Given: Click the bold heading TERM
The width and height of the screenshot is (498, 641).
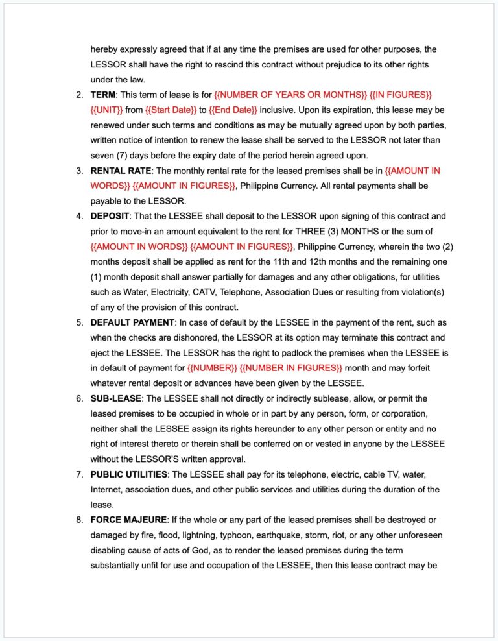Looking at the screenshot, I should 102,95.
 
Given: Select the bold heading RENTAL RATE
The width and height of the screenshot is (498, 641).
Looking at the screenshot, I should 120,171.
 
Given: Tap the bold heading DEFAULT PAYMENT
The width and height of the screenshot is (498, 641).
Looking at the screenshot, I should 132,322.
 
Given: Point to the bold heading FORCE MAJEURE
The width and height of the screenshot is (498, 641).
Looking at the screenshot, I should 128,520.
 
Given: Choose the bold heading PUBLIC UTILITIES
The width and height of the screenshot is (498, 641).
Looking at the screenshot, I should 128,474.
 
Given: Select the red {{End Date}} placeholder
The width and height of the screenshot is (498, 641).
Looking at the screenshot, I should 233,110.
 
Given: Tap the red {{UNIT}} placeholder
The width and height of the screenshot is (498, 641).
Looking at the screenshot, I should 106,110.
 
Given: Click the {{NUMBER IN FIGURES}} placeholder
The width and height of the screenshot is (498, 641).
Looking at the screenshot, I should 290,368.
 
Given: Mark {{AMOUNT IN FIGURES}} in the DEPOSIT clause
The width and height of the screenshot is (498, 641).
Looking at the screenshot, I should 242,247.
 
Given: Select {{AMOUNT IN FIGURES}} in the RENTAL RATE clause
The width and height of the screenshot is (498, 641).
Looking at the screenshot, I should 184,186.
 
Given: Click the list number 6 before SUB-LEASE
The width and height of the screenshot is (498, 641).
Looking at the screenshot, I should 79,398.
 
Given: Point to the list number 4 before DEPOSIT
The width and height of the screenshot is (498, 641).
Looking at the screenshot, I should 79,216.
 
